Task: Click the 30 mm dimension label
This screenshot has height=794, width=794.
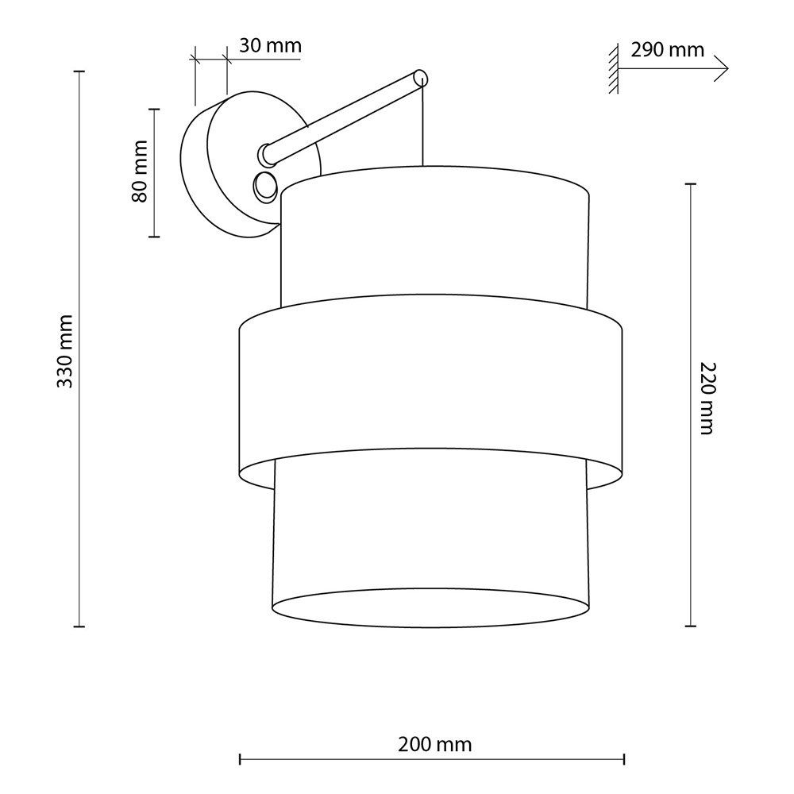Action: click(x=270, y=45)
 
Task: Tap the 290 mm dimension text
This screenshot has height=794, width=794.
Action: click(x=668, y=49)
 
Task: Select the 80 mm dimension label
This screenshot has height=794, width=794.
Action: click(x=139, y=172)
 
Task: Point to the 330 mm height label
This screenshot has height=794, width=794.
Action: click(x=64, y=351)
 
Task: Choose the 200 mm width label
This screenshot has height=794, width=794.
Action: click(x=434, y=745)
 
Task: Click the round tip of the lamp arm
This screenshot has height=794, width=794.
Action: click(x=421, y=79)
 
